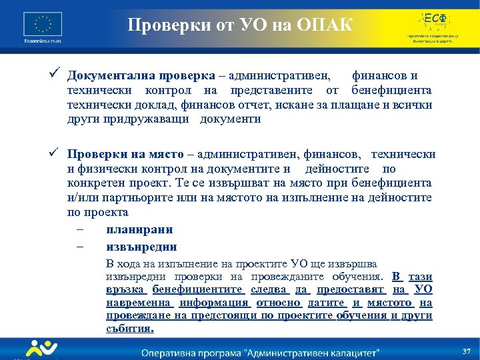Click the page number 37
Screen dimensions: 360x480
click(466, 351)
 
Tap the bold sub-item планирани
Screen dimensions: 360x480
click(139, 229)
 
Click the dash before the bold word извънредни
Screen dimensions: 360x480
click(80, 247)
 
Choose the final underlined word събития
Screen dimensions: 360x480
click(130, 328)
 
